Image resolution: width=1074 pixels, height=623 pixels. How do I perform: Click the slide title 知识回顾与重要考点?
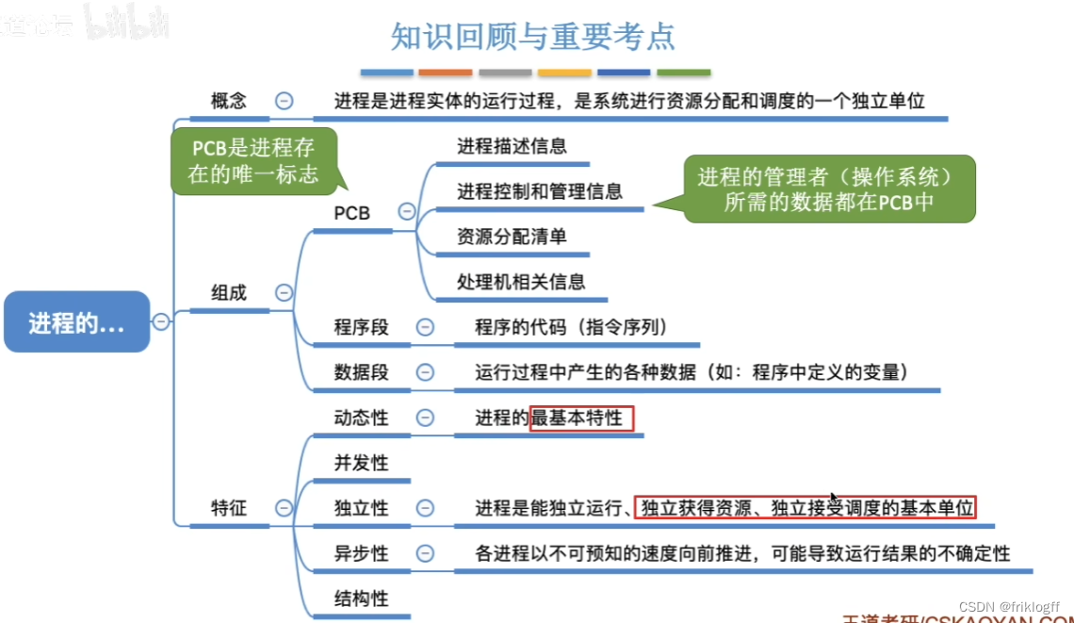533,36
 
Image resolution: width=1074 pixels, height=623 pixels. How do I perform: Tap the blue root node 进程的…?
76,322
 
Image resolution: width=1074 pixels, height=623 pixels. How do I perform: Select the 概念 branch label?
228,101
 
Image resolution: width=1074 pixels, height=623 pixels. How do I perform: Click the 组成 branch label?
228,292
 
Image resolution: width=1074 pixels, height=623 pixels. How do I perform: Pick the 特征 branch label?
228,507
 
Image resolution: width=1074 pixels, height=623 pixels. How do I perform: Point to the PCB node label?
352,213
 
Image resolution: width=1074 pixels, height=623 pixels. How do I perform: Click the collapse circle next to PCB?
407,212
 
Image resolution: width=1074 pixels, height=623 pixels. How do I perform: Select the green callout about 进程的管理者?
828,189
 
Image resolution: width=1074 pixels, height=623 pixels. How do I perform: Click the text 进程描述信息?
512,145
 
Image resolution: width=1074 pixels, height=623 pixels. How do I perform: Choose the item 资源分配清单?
512,236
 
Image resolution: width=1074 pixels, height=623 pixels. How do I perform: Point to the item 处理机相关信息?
521,281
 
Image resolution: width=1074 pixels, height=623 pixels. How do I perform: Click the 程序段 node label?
361,327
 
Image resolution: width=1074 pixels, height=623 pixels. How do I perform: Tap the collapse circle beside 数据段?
426,372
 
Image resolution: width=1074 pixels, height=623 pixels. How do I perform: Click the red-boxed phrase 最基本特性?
581,418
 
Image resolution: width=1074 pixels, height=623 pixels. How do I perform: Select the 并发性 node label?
361,463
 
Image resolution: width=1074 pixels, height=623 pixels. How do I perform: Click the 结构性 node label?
361,598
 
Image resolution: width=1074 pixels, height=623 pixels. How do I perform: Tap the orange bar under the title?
446,73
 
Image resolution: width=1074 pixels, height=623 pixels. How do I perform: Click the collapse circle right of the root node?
162,321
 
